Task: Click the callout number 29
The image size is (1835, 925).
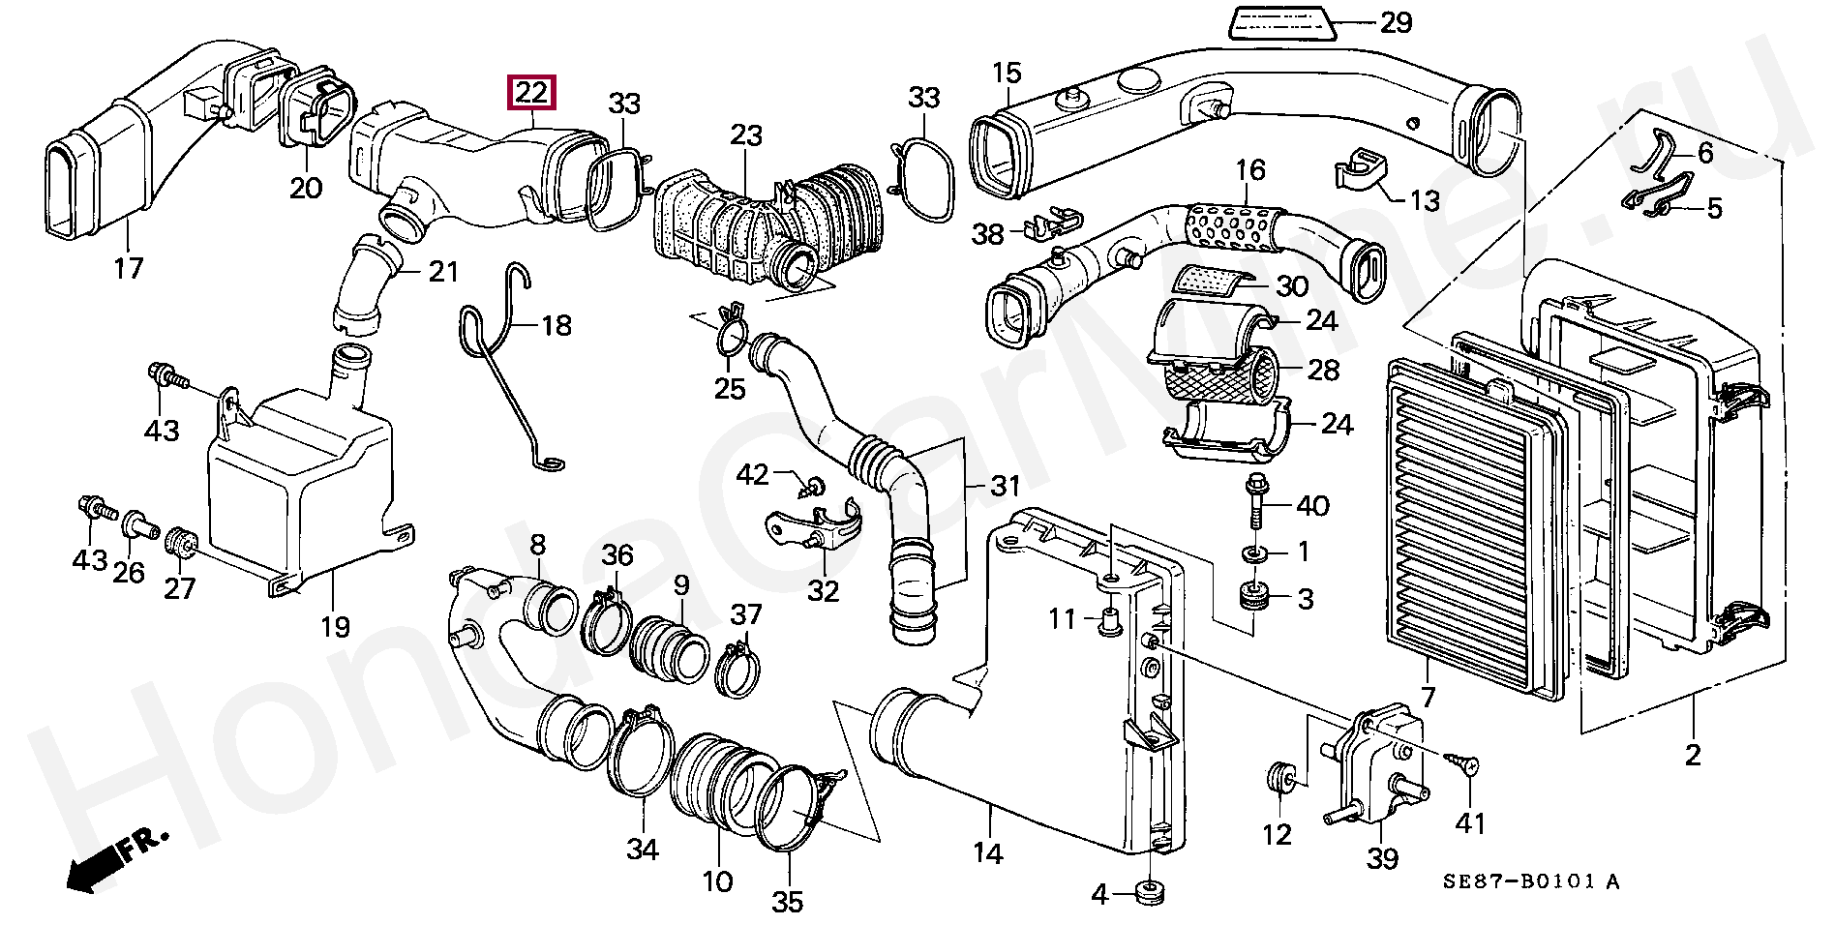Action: [1396, 22]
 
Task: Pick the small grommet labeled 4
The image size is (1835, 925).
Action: [1148, 891]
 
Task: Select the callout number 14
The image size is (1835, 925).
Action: [988, 852]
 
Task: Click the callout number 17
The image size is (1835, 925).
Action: [128, 268]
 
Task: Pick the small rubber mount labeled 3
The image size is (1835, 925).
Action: [1256, 596]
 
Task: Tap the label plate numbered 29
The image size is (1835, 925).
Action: [1281, 23]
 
